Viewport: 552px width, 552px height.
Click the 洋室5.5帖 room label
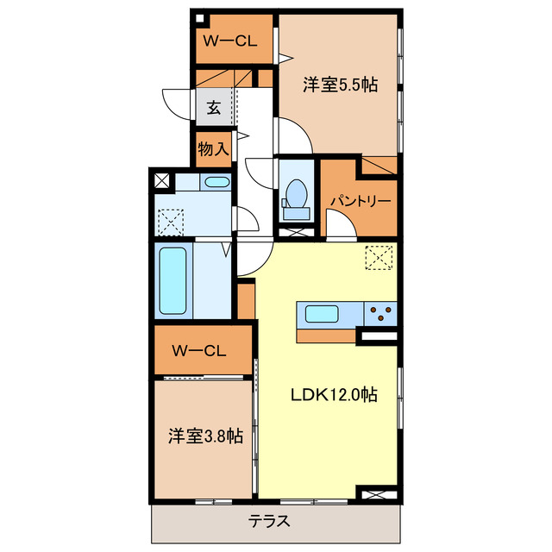pyautogui.click(x=341, y=85)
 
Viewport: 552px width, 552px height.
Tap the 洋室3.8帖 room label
pyautogui.click(x=204, y=436)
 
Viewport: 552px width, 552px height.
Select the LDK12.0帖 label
pyautogui.click(x=332, y=394)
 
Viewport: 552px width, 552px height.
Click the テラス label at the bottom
pyautogui.click(x=270, y=521)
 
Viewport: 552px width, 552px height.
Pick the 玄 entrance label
pyautogui.click(x=212, y=108)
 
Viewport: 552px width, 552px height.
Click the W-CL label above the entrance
pyautogui.click(x=226, y=40)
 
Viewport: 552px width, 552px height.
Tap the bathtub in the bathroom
pyautogui.click(x=173, y=280)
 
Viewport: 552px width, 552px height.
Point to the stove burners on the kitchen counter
pyautogui.click(x=380, y=312)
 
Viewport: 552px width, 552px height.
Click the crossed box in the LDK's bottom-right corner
pyautogui.click(x=379, y=496)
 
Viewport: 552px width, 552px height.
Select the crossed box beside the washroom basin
pyautogui.click(x=162, y=182)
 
